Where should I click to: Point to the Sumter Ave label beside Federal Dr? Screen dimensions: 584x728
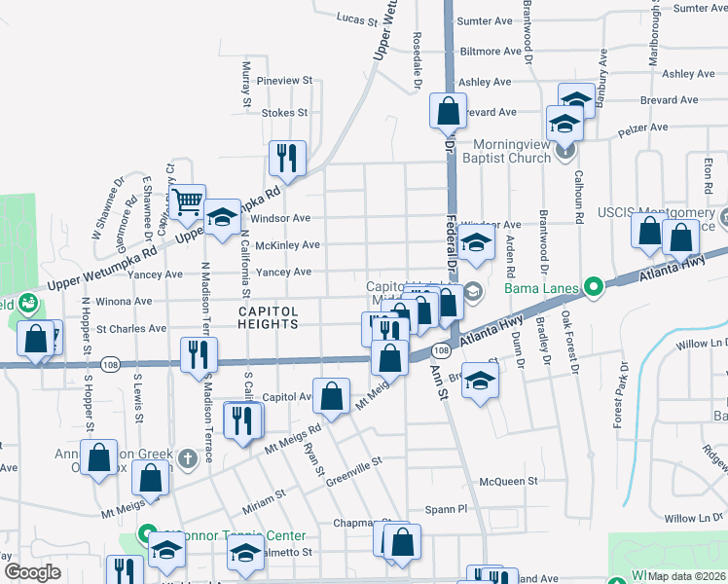(x=484, y=20)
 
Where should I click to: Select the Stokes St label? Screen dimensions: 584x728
(x=284, y=113)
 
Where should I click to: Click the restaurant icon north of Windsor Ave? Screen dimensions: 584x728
(x=287, y=156)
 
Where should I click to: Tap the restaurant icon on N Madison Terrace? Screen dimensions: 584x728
(x=195, y=352)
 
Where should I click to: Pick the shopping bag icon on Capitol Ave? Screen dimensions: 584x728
(x=332, y=396)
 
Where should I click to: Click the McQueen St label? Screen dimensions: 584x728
(x=508, y=481)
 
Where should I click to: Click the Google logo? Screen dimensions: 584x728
(x=32, y=572)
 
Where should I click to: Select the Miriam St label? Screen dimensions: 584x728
(x=265, y=495)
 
